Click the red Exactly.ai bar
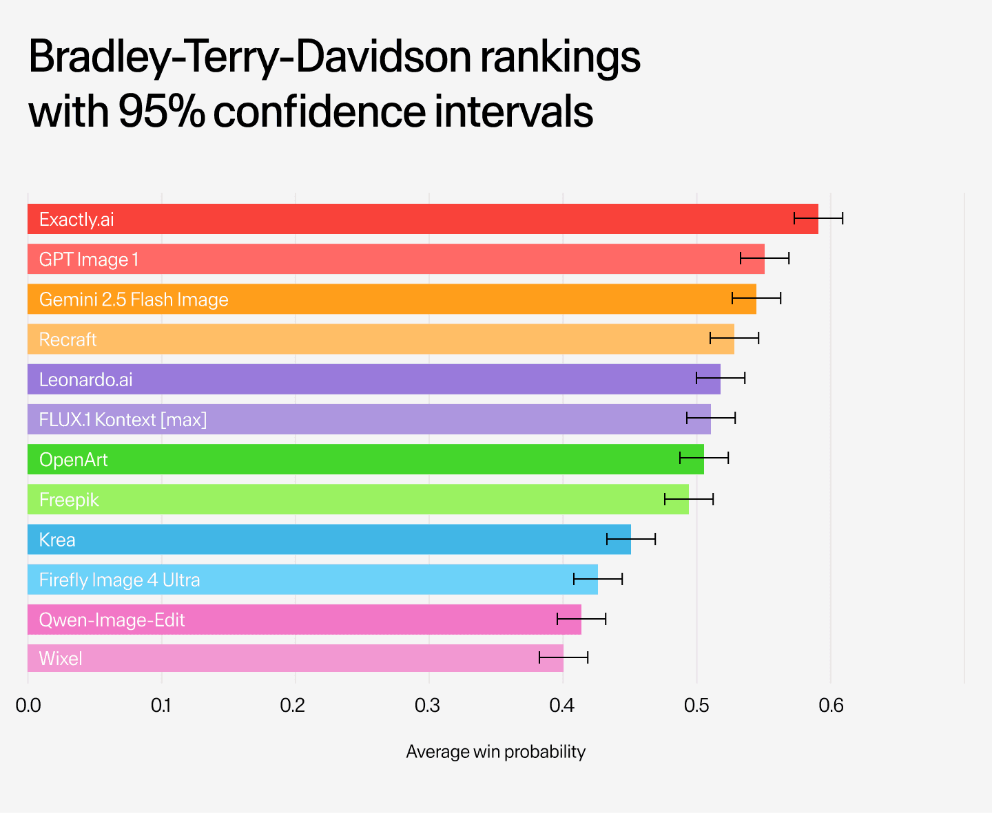pyautogui.click(x=422, y=219)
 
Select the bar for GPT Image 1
pyautogui.click(x=395, y=259)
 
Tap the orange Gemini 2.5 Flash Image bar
pyautogui.click(x=391, y=299)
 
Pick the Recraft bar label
pyautogui.click(x=68, y=339)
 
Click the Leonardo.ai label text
pyautogui.click(x=86, y=379)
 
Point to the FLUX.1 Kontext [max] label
pyautogui.click(x=123, y=419)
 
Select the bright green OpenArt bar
pyautogui.click(x=365, y=459)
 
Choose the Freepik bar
pyautogui.click(x=358, y=499)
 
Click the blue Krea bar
pyautogui.click(x=329, y=539)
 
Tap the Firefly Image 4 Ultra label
pyautogui.click(x=120, y=580)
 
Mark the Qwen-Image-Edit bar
pyautogui.click(x=304, y=620)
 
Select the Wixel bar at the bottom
pyautogui.click(x=295, y=658)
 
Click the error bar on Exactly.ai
pyautogui.click(x=818, y=219)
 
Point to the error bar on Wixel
pyautogui.click(x=564, y=658)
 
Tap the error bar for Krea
pyautogui.click(x=631, y=539)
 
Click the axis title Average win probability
pyautogui.click(x=495, y=752)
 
